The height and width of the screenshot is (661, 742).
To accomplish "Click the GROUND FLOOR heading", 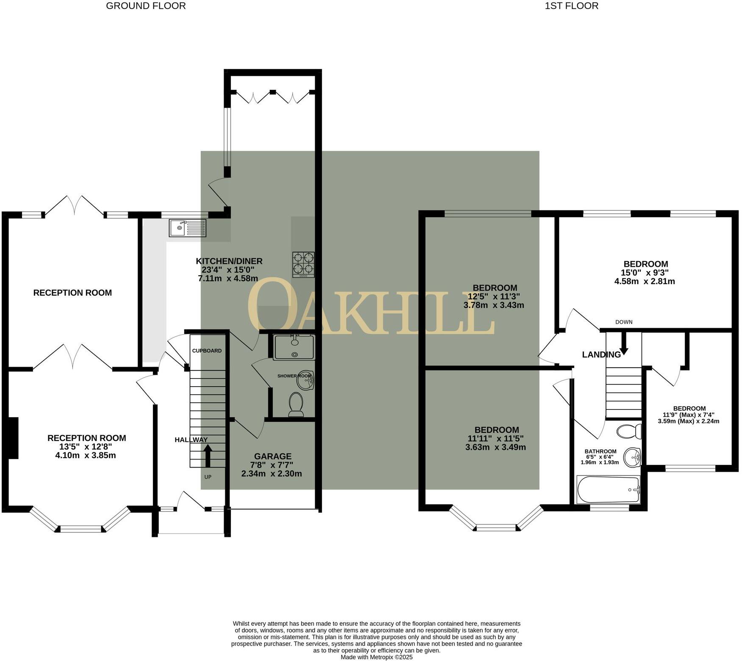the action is [146, 6].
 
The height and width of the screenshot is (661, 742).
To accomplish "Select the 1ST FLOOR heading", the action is [572, 6].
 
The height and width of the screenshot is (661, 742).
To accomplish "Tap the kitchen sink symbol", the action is [188, 228].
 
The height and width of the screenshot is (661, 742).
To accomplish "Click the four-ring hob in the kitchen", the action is [304, 265].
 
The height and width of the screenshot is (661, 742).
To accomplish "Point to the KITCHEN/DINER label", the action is [229, 261].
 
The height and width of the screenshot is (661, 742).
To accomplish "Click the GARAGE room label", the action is [273, 456].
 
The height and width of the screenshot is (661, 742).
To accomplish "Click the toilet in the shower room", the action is [296, 404].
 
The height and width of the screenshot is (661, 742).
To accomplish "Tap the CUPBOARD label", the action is [207, 351].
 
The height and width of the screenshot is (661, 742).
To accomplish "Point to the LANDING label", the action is [601, 354].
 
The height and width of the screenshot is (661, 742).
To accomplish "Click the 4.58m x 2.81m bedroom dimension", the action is [645, 281].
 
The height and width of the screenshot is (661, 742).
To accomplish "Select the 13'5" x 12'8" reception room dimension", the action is [86, 447].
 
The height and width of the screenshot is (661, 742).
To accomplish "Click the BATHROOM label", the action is [601, 451].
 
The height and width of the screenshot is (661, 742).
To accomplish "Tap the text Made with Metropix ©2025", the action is [377, 657].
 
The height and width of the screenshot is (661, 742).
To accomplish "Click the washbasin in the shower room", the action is [305, 380].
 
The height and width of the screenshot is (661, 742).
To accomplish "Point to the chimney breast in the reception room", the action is [13, 438].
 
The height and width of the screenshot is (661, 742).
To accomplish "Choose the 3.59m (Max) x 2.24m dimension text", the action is [689, 421].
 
